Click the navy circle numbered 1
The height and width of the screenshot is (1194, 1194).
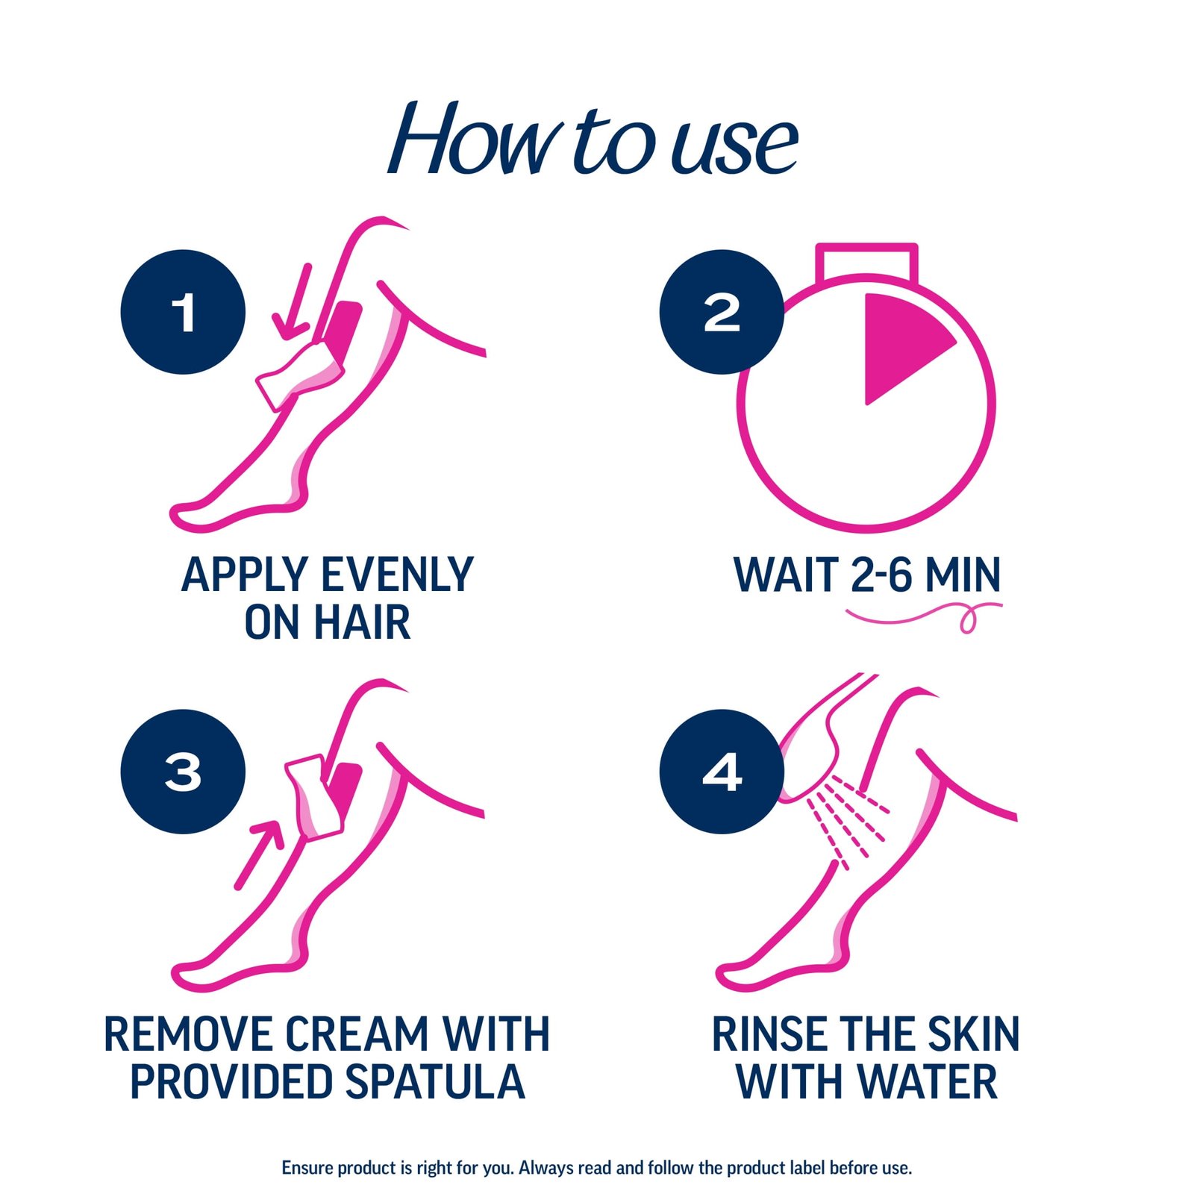[x=183, y=312]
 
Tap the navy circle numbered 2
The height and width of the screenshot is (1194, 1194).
[x=721, y=312]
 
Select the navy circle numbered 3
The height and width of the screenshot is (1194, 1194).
[x=183, y=771]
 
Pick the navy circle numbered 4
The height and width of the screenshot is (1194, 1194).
[x=721, y=771]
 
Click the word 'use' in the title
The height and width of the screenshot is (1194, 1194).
[x=734, y=146]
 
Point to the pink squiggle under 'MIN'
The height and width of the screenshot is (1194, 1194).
[x=925, y=616]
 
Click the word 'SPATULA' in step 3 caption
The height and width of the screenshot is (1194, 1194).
[x=435, y=1082]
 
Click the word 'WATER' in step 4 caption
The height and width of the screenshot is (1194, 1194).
[x=926, y=1082]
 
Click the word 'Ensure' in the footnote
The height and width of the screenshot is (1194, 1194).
[x=307, y=1168]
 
